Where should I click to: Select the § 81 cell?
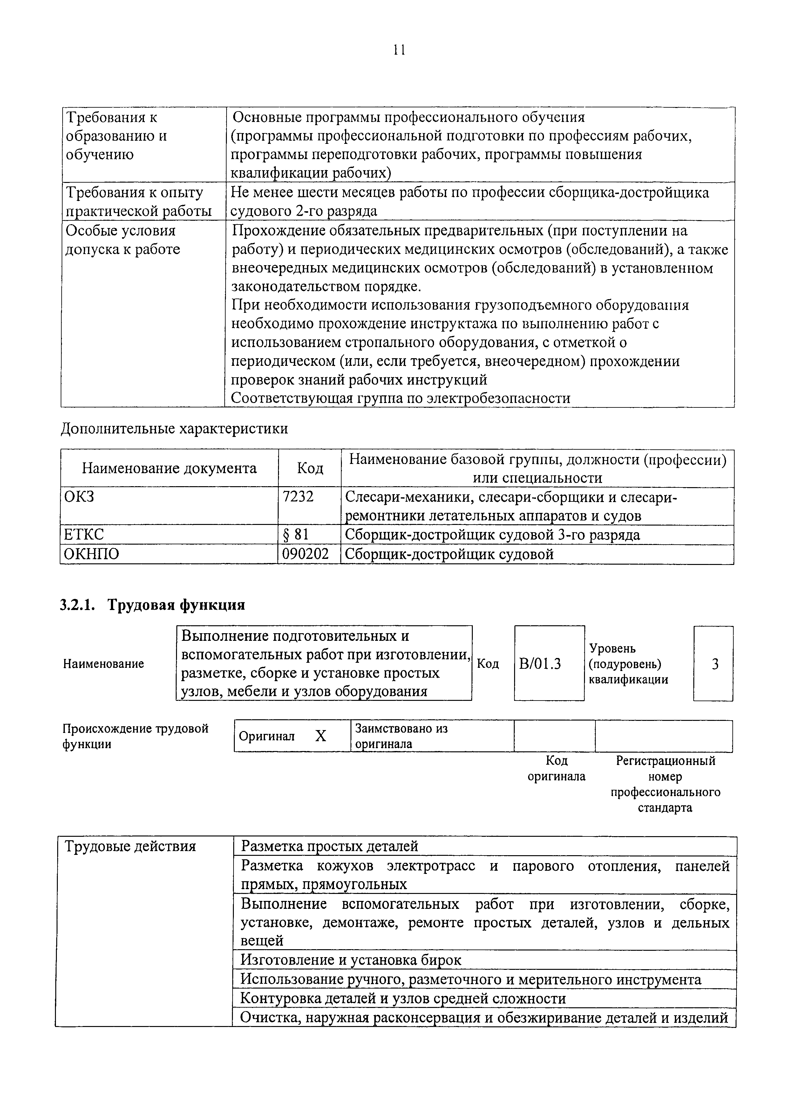click(296, 535)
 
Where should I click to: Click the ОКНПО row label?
click(92, 554)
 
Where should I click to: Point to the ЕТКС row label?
click(84, 535)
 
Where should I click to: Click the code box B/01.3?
click(540, 664)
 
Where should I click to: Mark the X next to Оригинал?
click(321, 736)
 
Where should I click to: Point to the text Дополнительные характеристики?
click(174, 429)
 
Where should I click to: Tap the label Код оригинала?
click(556, 768)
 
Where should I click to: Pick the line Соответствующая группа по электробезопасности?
click(401, 398)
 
